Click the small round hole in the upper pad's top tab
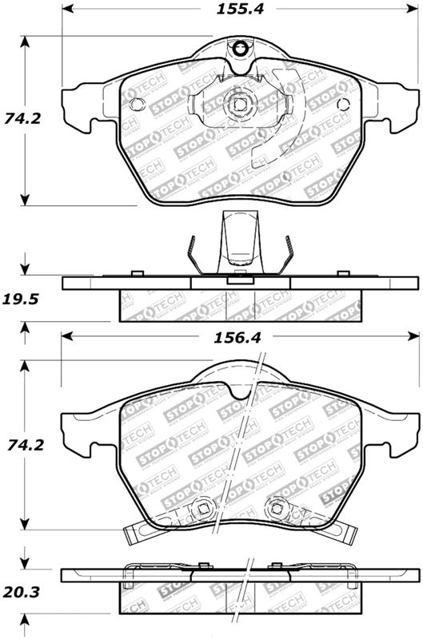point(237,52)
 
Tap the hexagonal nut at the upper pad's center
point(237,104)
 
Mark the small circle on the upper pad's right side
point(344,104)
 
